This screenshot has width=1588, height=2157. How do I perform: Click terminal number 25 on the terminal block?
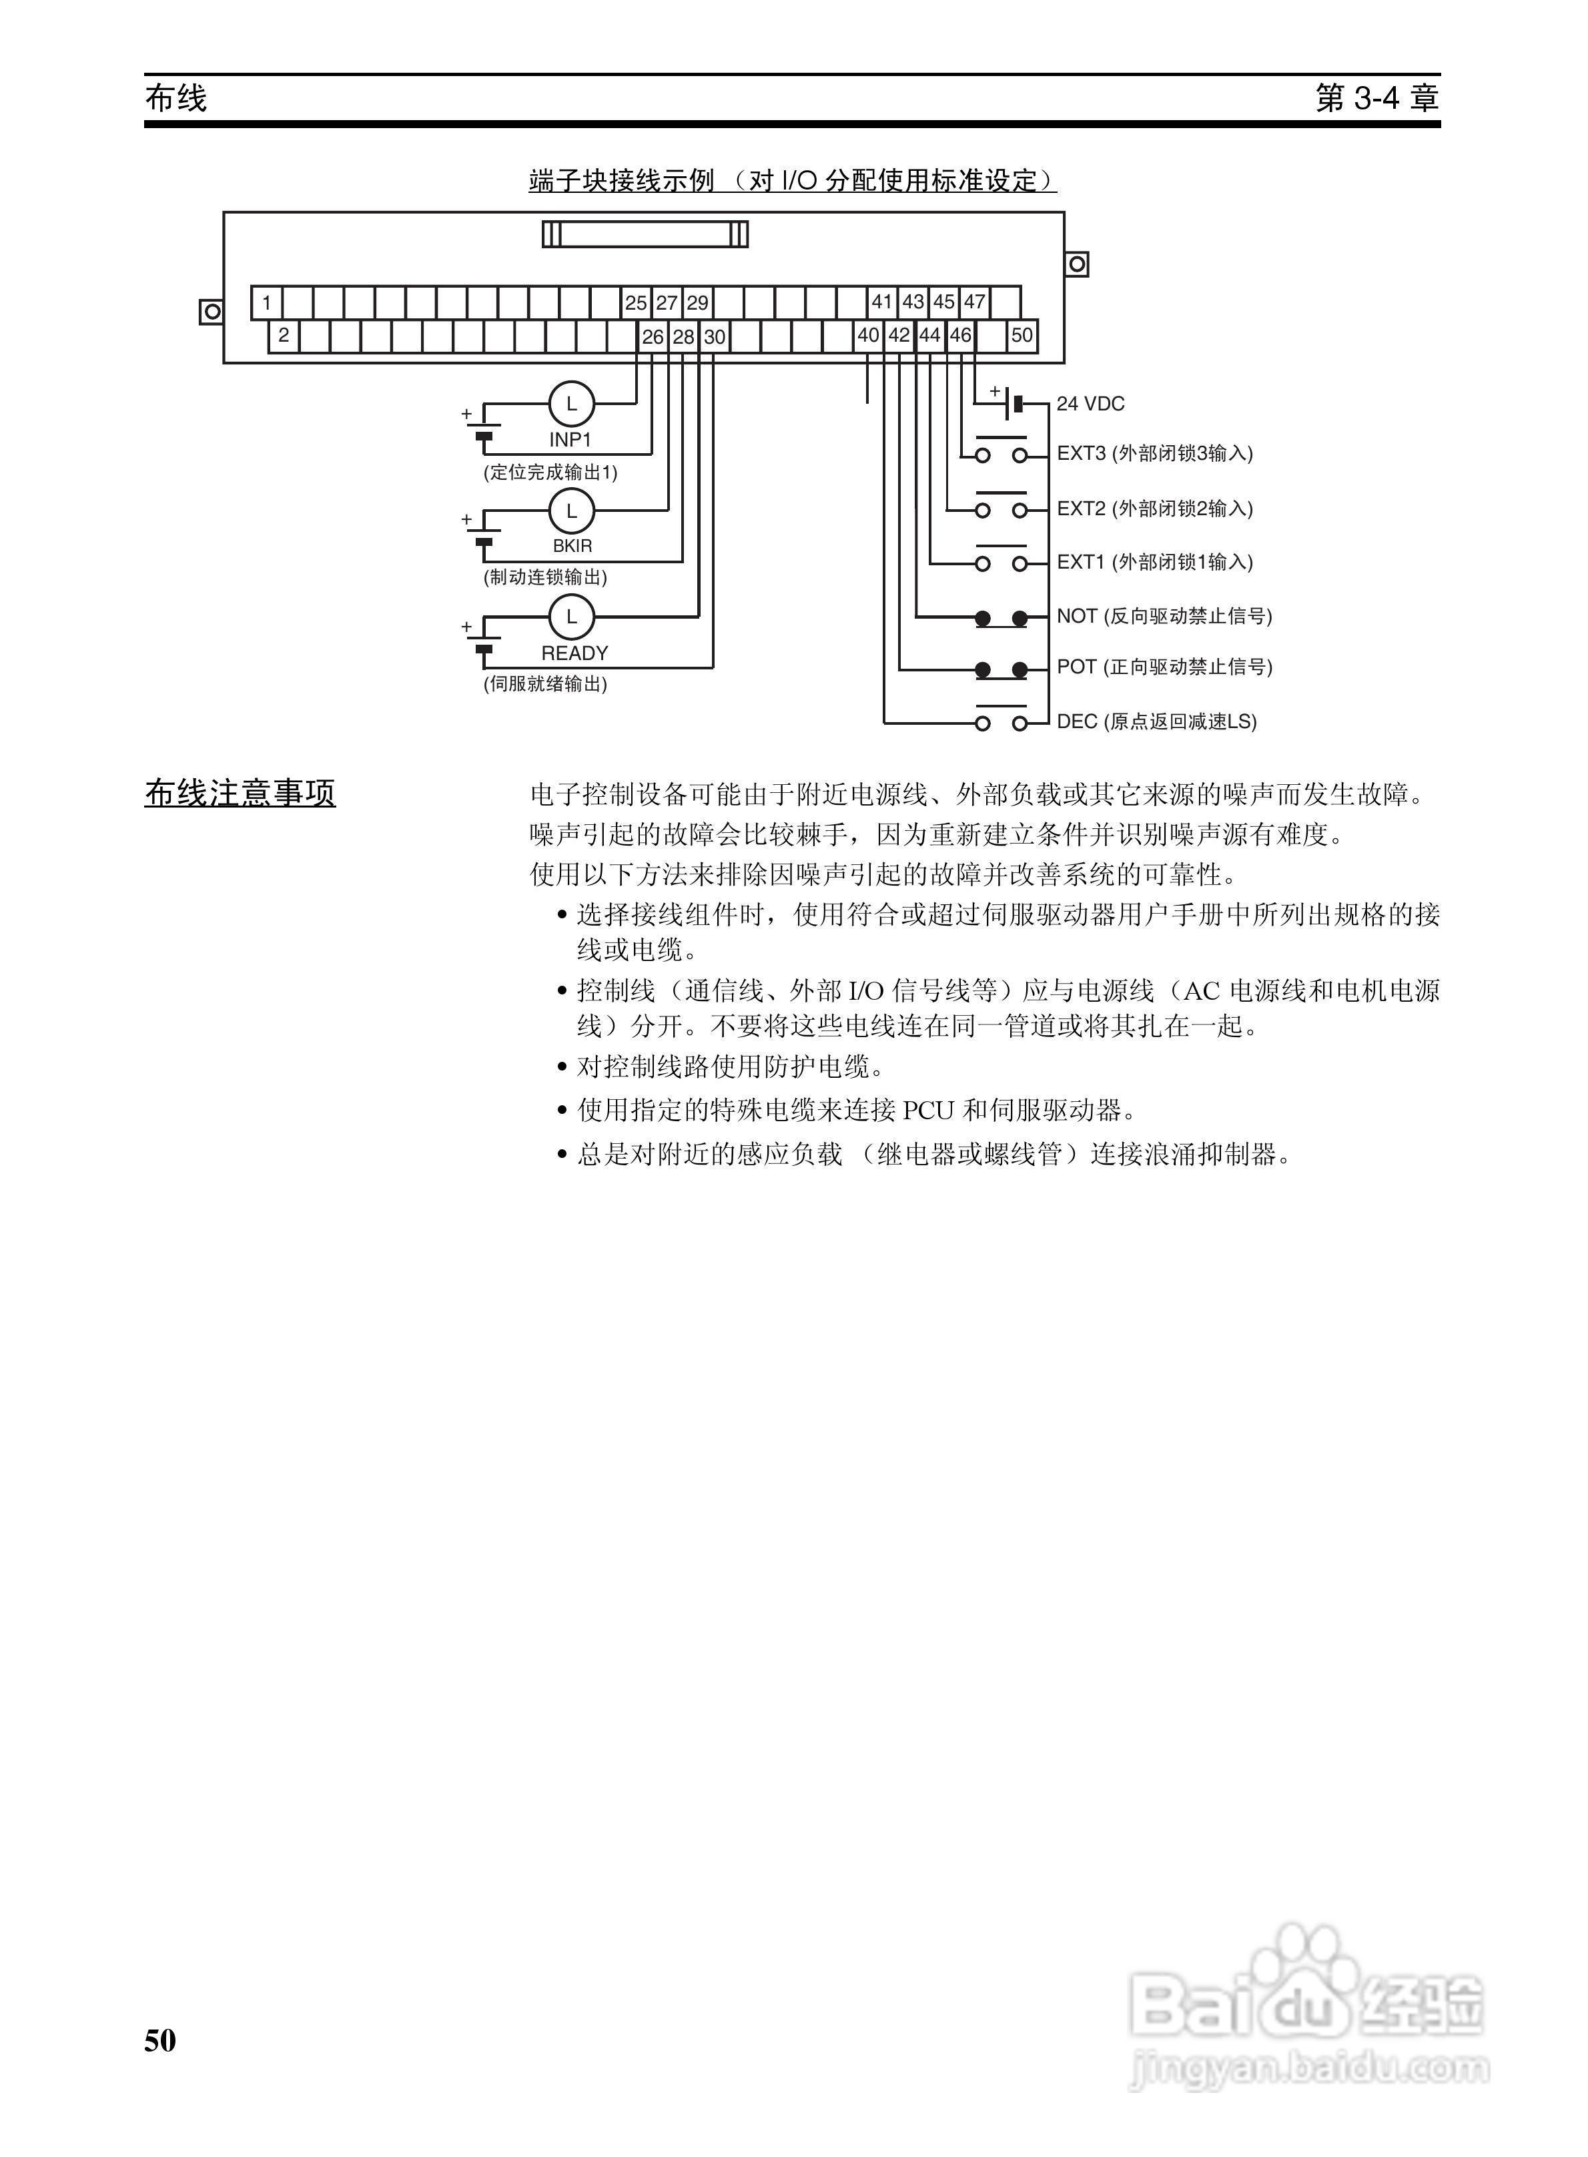[x=635, y=303]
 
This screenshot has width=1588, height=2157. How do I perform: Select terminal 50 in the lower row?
[x=1022, y=336]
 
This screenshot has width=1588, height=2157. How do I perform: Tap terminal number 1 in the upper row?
[x=268, y=303]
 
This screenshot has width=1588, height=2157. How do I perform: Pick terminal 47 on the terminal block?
[x=975, y=302]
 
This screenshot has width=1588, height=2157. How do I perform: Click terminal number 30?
[x=714, y=338]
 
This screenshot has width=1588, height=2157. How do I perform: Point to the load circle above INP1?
[x=572, y=404]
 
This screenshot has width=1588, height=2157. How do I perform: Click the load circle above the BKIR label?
[x=572, y=511]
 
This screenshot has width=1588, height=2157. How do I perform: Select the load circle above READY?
[x=572, y=617]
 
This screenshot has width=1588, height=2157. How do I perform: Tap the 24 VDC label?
[x=1090, y=404]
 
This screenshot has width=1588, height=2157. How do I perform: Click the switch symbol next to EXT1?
[x=1002, y=561]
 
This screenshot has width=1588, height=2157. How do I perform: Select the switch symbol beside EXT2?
[x=1002, y=507]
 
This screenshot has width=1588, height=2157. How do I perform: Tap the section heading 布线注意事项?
[x=240, y=794]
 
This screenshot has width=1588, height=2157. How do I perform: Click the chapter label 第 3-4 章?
[x=1376, y=98]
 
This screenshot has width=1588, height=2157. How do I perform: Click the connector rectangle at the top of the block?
[x=645, y=234]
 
